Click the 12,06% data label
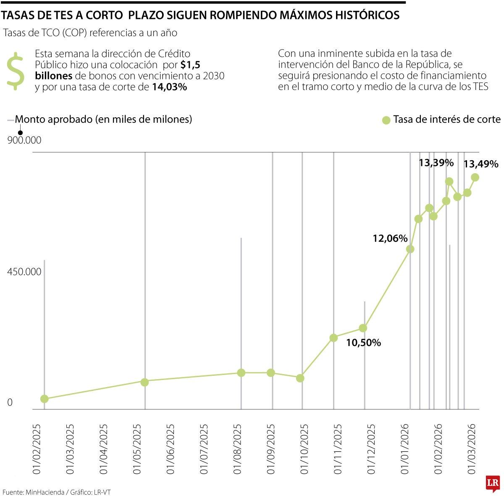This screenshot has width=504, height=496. click(x=390, y=238)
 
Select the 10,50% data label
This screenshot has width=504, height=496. click(x=363, y=343)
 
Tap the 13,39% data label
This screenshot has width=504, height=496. click(x=436, y=163)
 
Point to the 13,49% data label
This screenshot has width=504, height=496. click(x=480, y=164)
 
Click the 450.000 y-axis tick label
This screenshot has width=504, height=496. click(x=24, y=272)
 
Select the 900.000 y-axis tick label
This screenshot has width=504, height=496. click(x=24, y=140)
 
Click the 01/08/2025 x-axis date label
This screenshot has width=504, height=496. click(x=238, y=449)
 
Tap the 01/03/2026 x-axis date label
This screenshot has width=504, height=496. click(x=472, y=449)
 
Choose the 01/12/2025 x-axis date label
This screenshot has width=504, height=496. click(x=371, y=449)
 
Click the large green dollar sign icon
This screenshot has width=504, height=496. click(x=16, y=71)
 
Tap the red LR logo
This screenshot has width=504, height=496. click(x=493, y=483)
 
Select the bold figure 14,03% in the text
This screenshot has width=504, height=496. click(x=169, y=87)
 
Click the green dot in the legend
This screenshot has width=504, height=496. click(x=386, y=120)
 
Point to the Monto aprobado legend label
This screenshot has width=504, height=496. click(x=103, y=119)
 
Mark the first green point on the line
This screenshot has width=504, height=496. click(x=44, y=398)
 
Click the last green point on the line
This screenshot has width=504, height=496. click(x=475, y=177)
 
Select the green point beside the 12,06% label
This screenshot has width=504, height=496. click(x=410, y=249)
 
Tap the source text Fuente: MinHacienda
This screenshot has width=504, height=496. click(x=34, y=492)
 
